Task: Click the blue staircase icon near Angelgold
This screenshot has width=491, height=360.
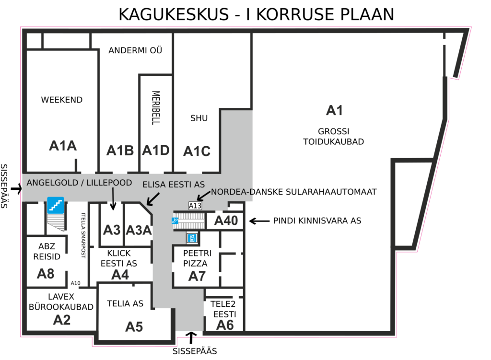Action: [x=56, y=205]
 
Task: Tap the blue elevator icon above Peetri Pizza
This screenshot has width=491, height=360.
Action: [x=192, y=238]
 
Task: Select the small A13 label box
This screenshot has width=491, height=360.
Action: [x=195, y=206]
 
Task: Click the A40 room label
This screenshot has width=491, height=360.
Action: [x=226, y=221]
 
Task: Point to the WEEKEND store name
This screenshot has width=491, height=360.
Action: [x=62, y=100]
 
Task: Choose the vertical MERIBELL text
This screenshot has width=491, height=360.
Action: [x=156, y=108]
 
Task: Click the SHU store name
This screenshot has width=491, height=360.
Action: [x=199, y=118]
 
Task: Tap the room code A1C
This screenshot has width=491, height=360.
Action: [x=197, y=151]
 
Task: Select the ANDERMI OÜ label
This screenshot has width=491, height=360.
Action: [x=135, y=50]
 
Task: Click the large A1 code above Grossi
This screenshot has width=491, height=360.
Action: [x=334, y=111]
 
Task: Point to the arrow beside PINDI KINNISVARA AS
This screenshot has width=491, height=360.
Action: [x=259, y=221]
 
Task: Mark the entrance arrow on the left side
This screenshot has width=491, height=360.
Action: [x=16, y=188]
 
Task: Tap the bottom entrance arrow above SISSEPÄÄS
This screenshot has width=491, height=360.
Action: [x=191, y=338]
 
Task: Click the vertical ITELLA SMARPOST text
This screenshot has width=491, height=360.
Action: [x=83, y=235]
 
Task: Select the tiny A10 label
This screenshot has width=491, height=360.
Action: [x=75, y=283]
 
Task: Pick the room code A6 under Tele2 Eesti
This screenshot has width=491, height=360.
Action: [x=225, y=325]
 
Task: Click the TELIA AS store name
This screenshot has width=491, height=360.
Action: [x=125, y=303]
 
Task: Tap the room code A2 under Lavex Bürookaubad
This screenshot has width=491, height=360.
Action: [x=62, y=320]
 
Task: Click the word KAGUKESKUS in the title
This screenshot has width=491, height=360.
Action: [x=174, y=14]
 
